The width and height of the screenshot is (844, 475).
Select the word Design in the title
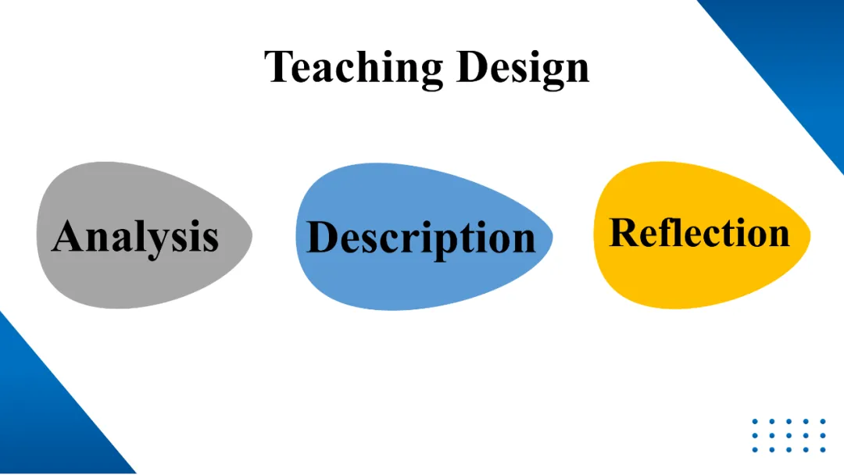point(522,68)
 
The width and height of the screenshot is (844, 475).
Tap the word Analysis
point(135,235)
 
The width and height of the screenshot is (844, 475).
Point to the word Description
point(421,237)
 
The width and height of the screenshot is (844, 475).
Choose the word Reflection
point(699,233)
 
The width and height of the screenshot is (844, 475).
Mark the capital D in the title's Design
point(471,66)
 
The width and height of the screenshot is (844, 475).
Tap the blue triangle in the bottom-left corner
point(39,422)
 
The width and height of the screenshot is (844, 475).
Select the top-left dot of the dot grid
point(756,422)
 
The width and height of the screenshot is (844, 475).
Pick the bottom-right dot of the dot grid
point(823,450)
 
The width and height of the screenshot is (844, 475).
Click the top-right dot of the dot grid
point(823,422)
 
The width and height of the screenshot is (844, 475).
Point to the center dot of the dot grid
point(789,436)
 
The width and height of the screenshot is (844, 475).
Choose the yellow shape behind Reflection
point(699,273)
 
